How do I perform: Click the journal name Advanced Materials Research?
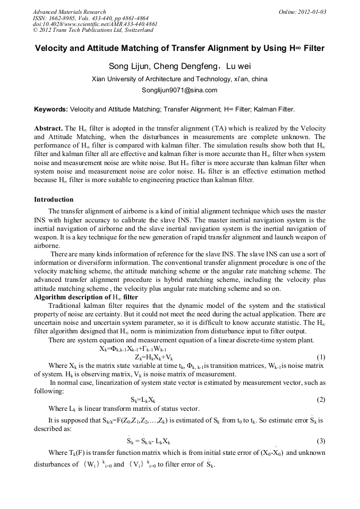tap(69, 12)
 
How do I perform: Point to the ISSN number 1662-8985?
tap(63, 18)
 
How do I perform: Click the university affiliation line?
tap(179, 79)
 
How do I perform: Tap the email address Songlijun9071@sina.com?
tap(179, 90)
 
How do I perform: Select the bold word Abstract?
tap(48, 129)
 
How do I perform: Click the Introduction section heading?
tap(54, 200)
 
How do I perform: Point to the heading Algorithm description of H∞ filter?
tap(85, 297)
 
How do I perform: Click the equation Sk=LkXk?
tap(143, 400)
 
